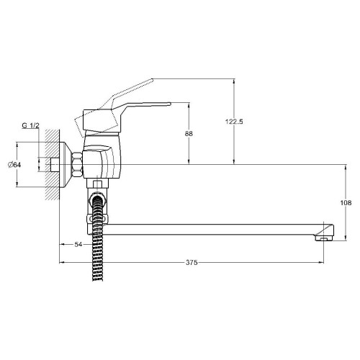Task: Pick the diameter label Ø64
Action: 14,166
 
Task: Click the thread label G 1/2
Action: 30,126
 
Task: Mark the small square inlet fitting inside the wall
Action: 55,165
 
